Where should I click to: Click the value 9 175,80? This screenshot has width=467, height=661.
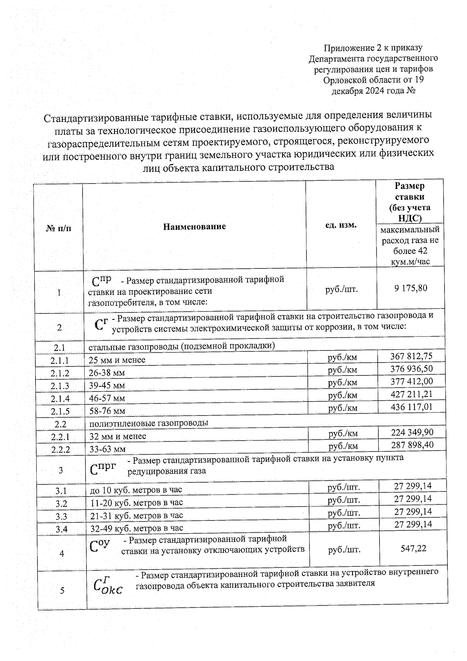411,288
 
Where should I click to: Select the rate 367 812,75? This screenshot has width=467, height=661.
411,356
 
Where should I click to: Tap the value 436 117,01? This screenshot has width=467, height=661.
411,407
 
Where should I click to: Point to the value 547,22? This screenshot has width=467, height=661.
413,548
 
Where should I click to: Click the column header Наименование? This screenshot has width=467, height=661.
194,226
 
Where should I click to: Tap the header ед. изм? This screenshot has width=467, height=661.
341,225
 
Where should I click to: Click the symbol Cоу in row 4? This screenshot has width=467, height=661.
100,545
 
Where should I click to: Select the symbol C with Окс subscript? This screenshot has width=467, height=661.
108,586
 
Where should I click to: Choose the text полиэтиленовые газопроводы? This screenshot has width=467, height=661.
149,423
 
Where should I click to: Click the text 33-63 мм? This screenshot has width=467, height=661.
107,449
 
